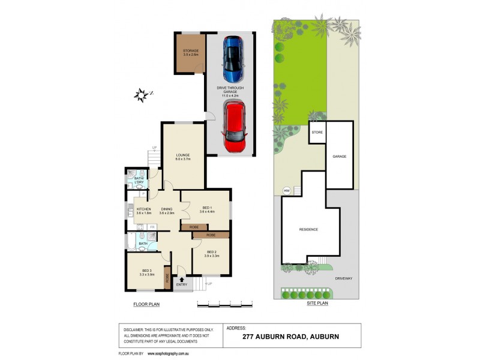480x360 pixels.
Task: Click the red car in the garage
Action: click(x=235, y=127)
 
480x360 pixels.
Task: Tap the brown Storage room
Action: click(x=191, y=53)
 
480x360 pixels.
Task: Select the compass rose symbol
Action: click(x=142, y=95)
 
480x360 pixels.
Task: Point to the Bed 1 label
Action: click(x=206, y=208)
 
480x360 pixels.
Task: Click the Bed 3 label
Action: click(x=147, y=272)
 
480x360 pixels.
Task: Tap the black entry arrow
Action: click(x=182, y=278)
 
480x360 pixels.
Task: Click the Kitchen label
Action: click(x=143, y=209)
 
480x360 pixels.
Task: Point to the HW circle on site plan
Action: click(x=287, y=191)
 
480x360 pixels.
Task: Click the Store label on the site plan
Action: click(x=317, y=132)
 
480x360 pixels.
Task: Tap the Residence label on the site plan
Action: click(x=308, y=229)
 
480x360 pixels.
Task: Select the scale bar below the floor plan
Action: click(x=224, y=304)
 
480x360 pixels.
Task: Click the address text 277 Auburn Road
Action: click(x=290, y=337)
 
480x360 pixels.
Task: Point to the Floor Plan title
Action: click(x=146, y=305)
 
